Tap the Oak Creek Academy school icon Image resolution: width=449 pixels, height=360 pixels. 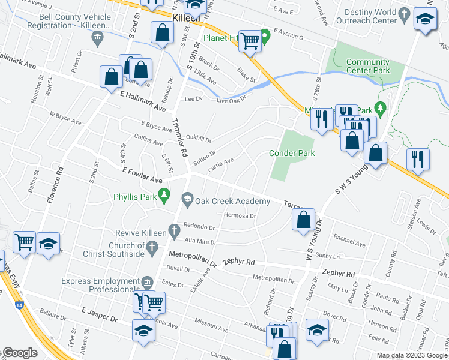click(x=187, y=199)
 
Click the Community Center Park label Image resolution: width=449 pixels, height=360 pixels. click(x=367, y=66)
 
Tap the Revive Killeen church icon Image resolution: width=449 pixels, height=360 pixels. click(x=174, y=229)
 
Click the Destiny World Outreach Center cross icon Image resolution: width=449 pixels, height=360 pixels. click(x=406, y=13)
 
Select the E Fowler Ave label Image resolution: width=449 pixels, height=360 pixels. click(x=141, y=175)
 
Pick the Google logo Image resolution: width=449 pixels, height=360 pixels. click(x=20, y=353)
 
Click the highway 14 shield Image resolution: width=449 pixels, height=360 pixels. click(x=14, y=305)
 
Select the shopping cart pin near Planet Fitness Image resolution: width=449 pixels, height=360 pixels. click(x=250, y=41)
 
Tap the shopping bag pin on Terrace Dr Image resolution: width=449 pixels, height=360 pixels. click(x=304, y=220)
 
